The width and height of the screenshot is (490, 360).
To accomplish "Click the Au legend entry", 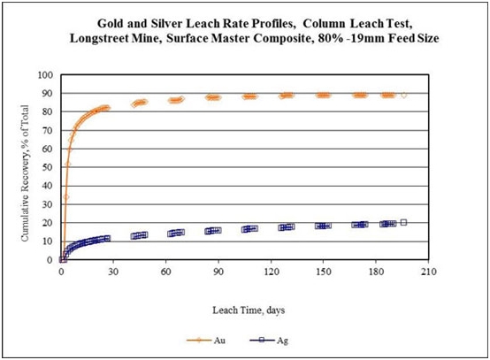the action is tap(206, 340).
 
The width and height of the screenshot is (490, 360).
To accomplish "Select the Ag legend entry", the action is tap(269, 341).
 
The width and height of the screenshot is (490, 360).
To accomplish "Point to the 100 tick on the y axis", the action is tap(45, 75).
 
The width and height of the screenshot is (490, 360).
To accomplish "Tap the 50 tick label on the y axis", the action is tap(48, 167).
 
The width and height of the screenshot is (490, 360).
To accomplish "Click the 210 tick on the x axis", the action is tap(428, 272).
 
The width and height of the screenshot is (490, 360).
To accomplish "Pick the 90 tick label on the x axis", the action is tap(218, 272).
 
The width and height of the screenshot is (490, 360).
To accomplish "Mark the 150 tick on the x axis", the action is tap(323, 272).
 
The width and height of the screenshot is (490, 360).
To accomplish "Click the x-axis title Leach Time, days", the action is tap(249, 310).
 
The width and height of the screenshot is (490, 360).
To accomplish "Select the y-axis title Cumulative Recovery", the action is tap(25, 172).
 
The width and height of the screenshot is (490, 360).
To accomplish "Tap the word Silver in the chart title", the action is tap(167, 23).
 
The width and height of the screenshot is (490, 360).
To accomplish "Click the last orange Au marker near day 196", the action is tap(403, 95).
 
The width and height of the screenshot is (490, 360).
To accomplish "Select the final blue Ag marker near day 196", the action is tap(403, 223).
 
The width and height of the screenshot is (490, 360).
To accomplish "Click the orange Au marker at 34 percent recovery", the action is tap(66, 197).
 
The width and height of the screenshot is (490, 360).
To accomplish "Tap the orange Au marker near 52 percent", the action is tap(68, 164).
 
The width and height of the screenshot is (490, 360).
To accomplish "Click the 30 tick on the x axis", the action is tap(113, 272).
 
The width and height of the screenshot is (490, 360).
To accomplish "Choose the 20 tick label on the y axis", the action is tap(48, 223).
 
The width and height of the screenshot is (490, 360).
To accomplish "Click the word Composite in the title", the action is tap(282, 38).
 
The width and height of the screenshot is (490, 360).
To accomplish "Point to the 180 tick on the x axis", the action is tap(376, 272).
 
